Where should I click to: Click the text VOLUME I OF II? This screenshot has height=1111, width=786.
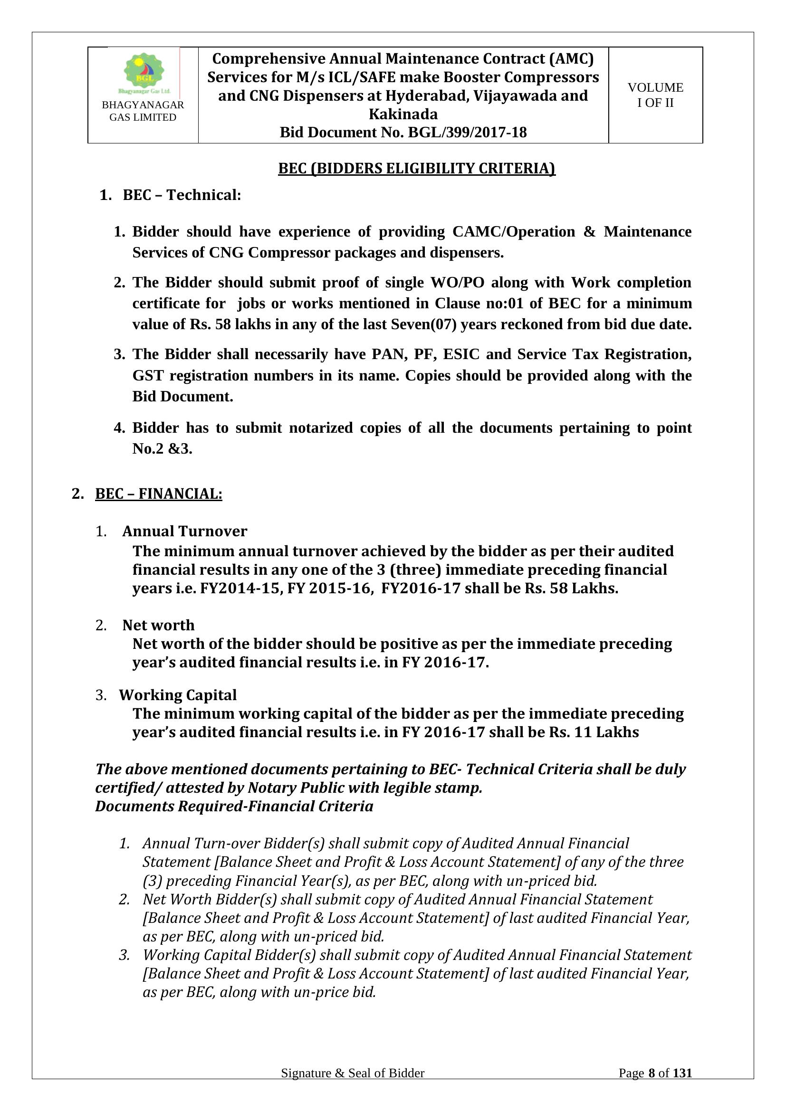pyautogui.click(x=655, y=95)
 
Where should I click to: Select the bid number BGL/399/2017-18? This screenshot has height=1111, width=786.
pyautogui.click(x=467, y=133)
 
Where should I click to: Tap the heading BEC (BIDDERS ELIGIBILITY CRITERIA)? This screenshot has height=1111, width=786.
pyautogui.click(x=416, y=169)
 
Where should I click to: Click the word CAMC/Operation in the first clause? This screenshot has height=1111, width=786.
pyautogui.click(x=514, y=232)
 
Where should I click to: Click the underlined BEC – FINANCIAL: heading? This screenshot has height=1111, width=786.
pyautogui.click(x=158, y=494)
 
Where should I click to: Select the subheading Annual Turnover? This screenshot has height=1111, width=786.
pyautogui.click(x=184, y=532)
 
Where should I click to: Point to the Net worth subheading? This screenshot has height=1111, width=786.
pyautogui.click(x=158, y=625)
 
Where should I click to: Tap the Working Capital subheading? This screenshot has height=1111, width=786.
pyautogui.click(x=178, y=695)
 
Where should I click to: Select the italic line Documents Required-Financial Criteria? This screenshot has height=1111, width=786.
pyautogui.click(x=234, y=806)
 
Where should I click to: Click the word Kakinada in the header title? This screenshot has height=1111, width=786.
pyautogui.click(x=403, y=114)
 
